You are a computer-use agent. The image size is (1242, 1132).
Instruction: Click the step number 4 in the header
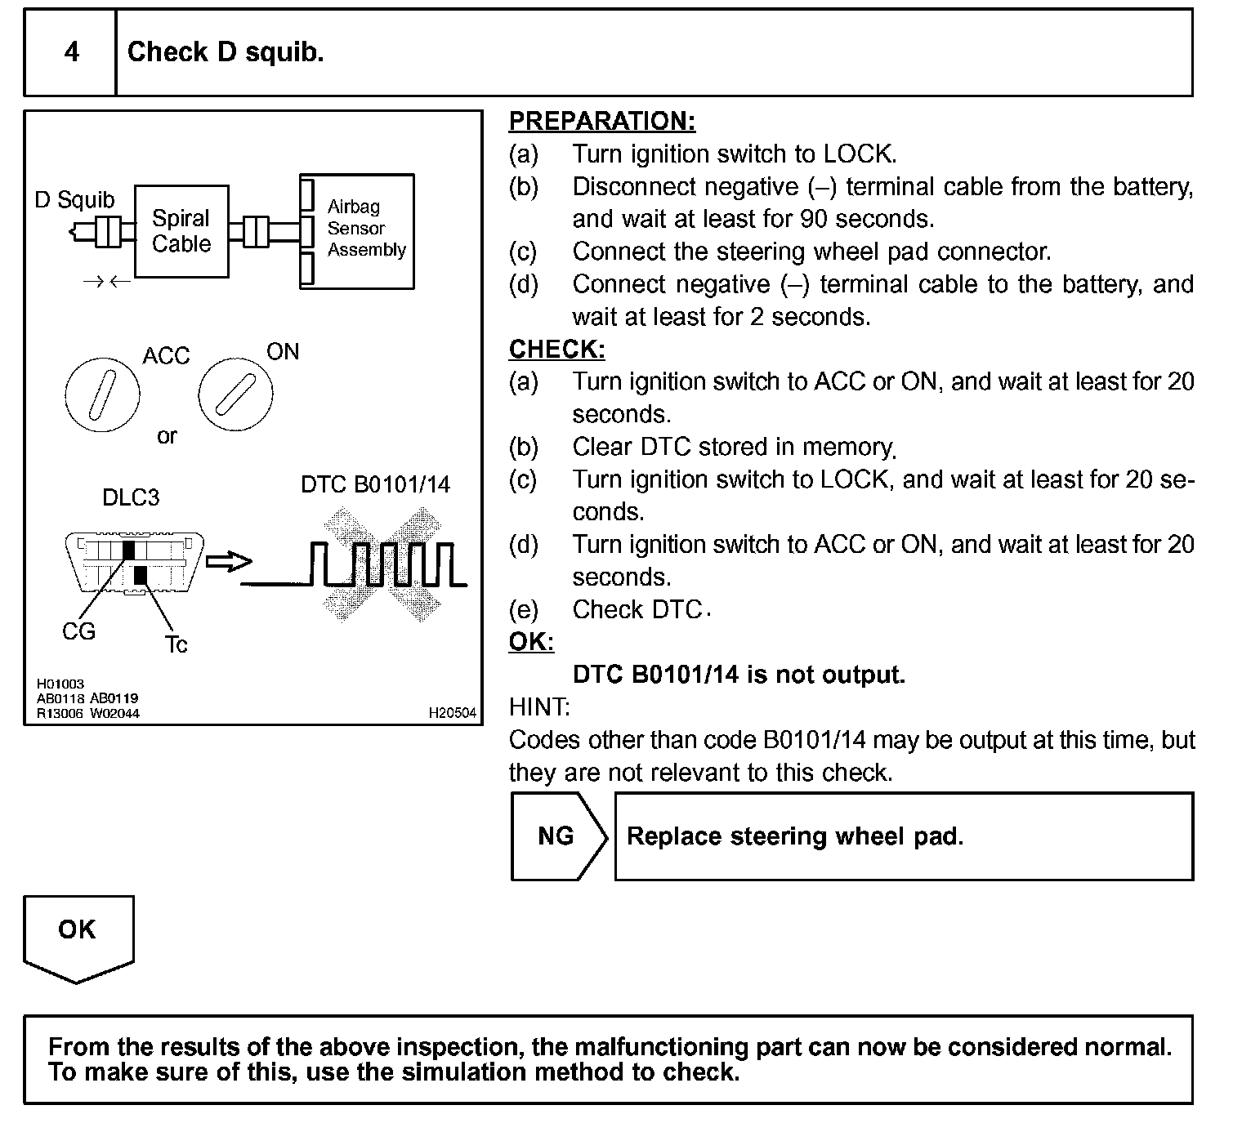point(72,52)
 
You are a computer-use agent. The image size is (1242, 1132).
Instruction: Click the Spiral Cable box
point(181,231)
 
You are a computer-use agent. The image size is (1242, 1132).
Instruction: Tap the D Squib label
point(74,200)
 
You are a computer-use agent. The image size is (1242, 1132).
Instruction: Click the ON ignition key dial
point(235,394)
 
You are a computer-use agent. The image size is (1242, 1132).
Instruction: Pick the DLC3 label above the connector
point(131,497)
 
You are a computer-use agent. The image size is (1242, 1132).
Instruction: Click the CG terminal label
point(78,631)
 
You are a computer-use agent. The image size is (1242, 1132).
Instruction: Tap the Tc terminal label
point(176,645)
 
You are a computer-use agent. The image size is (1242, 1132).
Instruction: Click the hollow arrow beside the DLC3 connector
point(229,562)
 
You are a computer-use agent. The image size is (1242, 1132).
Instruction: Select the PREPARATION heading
point(602,121)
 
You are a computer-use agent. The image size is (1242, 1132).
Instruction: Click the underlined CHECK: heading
point(556,350)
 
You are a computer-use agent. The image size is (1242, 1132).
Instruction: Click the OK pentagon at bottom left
point(78,935)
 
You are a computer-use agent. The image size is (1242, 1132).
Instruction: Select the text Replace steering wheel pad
point(795,836)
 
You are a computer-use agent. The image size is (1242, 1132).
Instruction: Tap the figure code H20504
point(452,713)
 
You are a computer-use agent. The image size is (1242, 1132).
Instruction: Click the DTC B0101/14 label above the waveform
point(375,484)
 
